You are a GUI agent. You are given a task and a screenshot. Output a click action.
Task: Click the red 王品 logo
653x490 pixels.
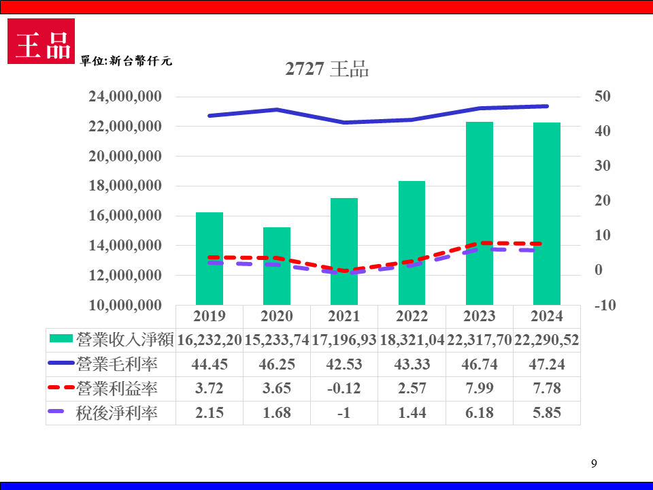click(41, 42)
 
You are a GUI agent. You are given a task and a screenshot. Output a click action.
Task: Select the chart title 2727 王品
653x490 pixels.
click(327, 69)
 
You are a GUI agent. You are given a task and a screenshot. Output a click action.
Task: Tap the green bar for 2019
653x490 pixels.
click(210, 259)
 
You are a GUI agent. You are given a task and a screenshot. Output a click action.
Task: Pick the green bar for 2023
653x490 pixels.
click(480, 213)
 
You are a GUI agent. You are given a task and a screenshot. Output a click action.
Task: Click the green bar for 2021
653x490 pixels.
click(344, 251)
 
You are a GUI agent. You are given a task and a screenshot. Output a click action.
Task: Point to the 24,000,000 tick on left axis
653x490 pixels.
click(125, 97)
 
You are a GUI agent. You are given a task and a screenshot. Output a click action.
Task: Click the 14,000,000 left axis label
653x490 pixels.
click(125, 246)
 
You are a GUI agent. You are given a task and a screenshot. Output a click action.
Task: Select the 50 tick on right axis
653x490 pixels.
click(602, 97)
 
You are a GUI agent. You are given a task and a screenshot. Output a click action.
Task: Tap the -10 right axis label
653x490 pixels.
click(605, 306)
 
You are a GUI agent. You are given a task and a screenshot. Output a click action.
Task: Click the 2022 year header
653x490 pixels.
click(412, 316)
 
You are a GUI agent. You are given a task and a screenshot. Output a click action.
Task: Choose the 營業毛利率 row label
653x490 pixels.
click(117, 364)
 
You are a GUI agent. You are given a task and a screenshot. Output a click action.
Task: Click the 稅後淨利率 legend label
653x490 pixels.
click(117, 413)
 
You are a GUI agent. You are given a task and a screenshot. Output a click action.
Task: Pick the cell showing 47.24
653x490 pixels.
click(547, 364)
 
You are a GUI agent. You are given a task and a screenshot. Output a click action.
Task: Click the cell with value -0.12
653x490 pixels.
click(344, 389)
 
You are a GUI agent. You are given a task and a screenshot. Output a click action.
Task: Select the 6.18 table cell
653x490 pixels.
click(480, 413)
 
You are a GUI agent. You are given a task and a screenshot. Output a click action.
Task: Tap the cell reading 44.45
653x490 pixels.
click(210, 364)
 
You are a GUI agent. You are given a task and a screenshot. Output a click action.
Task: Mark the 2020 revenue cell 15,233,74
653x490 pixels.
click(277, 340)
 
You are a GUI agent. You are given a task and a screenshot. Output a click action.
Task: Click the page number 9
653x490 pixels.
click(594, 464)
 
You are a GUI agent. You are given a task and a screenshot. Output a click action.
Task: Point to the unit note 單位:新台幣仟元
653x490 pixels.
click(127, 61)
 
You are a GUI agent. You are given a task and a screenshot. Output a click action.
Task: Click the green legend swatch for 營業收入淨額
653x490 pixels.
click(61, 339)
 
